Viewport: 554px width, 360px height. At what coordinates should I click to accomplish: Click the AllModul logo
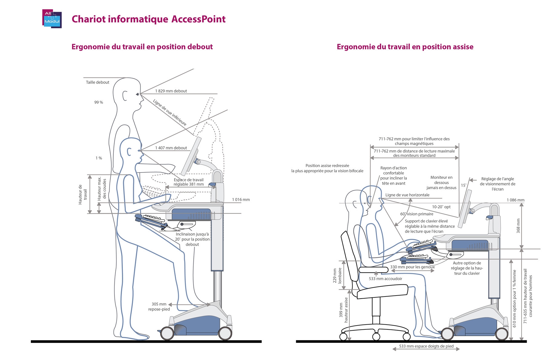coord(52,19)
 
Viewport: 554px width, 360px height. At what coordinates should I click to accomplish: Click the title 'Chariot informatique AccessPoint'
coord(149,19)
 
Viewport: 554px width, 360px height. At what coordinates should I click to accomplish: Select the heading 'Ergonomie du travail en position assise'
coord(405,47)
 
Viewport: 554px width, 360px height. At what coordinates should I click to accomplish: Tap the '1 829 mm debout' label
coord(171,91)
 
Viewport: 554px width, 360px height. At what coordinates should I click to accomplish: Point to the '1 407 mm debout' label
coord(171,148)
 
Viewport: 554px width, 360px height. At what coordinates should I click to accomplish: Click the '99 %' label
coord(99,102)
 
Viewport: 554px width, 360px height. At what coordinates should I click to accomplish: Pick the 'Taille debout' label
coord(97,82)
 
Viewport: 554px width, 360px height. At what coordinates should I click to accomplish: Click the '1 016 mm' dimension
coord(241,200)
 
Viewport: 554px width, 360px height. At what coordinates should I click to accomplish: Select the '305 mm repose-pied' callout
coord(159,306)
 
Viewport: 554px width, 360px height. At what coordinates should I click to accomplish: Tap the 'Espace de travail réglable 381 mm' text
coord(188,182)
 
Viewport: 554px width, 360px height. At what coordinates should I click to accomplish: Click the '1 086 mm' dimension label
coord(516,200)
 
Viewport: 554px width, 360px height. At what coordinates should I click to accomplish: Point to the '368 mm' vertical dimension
coord(518,226)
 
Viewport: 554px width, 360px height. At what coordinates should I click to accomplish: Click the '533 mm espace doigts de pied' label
coord(426,346)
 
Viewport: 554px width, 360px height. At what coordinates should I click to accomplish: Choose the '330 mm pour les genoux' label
coord(412,267)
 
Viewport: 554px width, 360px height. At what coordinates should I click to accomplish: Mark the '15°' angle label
coord(464,185)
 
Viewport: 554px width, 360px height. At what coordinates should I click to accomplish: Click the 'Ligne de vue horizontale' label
coord(407,195)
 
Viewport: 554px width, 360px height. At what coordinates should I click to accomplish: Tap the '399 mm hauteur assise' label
coord(344,310)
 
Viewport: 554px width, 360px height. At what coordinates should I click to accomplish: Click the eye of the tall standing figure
coord(138,94)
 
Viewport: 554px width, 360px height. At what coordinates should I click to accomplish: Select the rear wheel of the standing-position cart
coord(166,333)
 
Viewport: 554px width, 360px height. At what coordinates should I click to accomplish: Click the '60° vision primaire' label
coord(417,214)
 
